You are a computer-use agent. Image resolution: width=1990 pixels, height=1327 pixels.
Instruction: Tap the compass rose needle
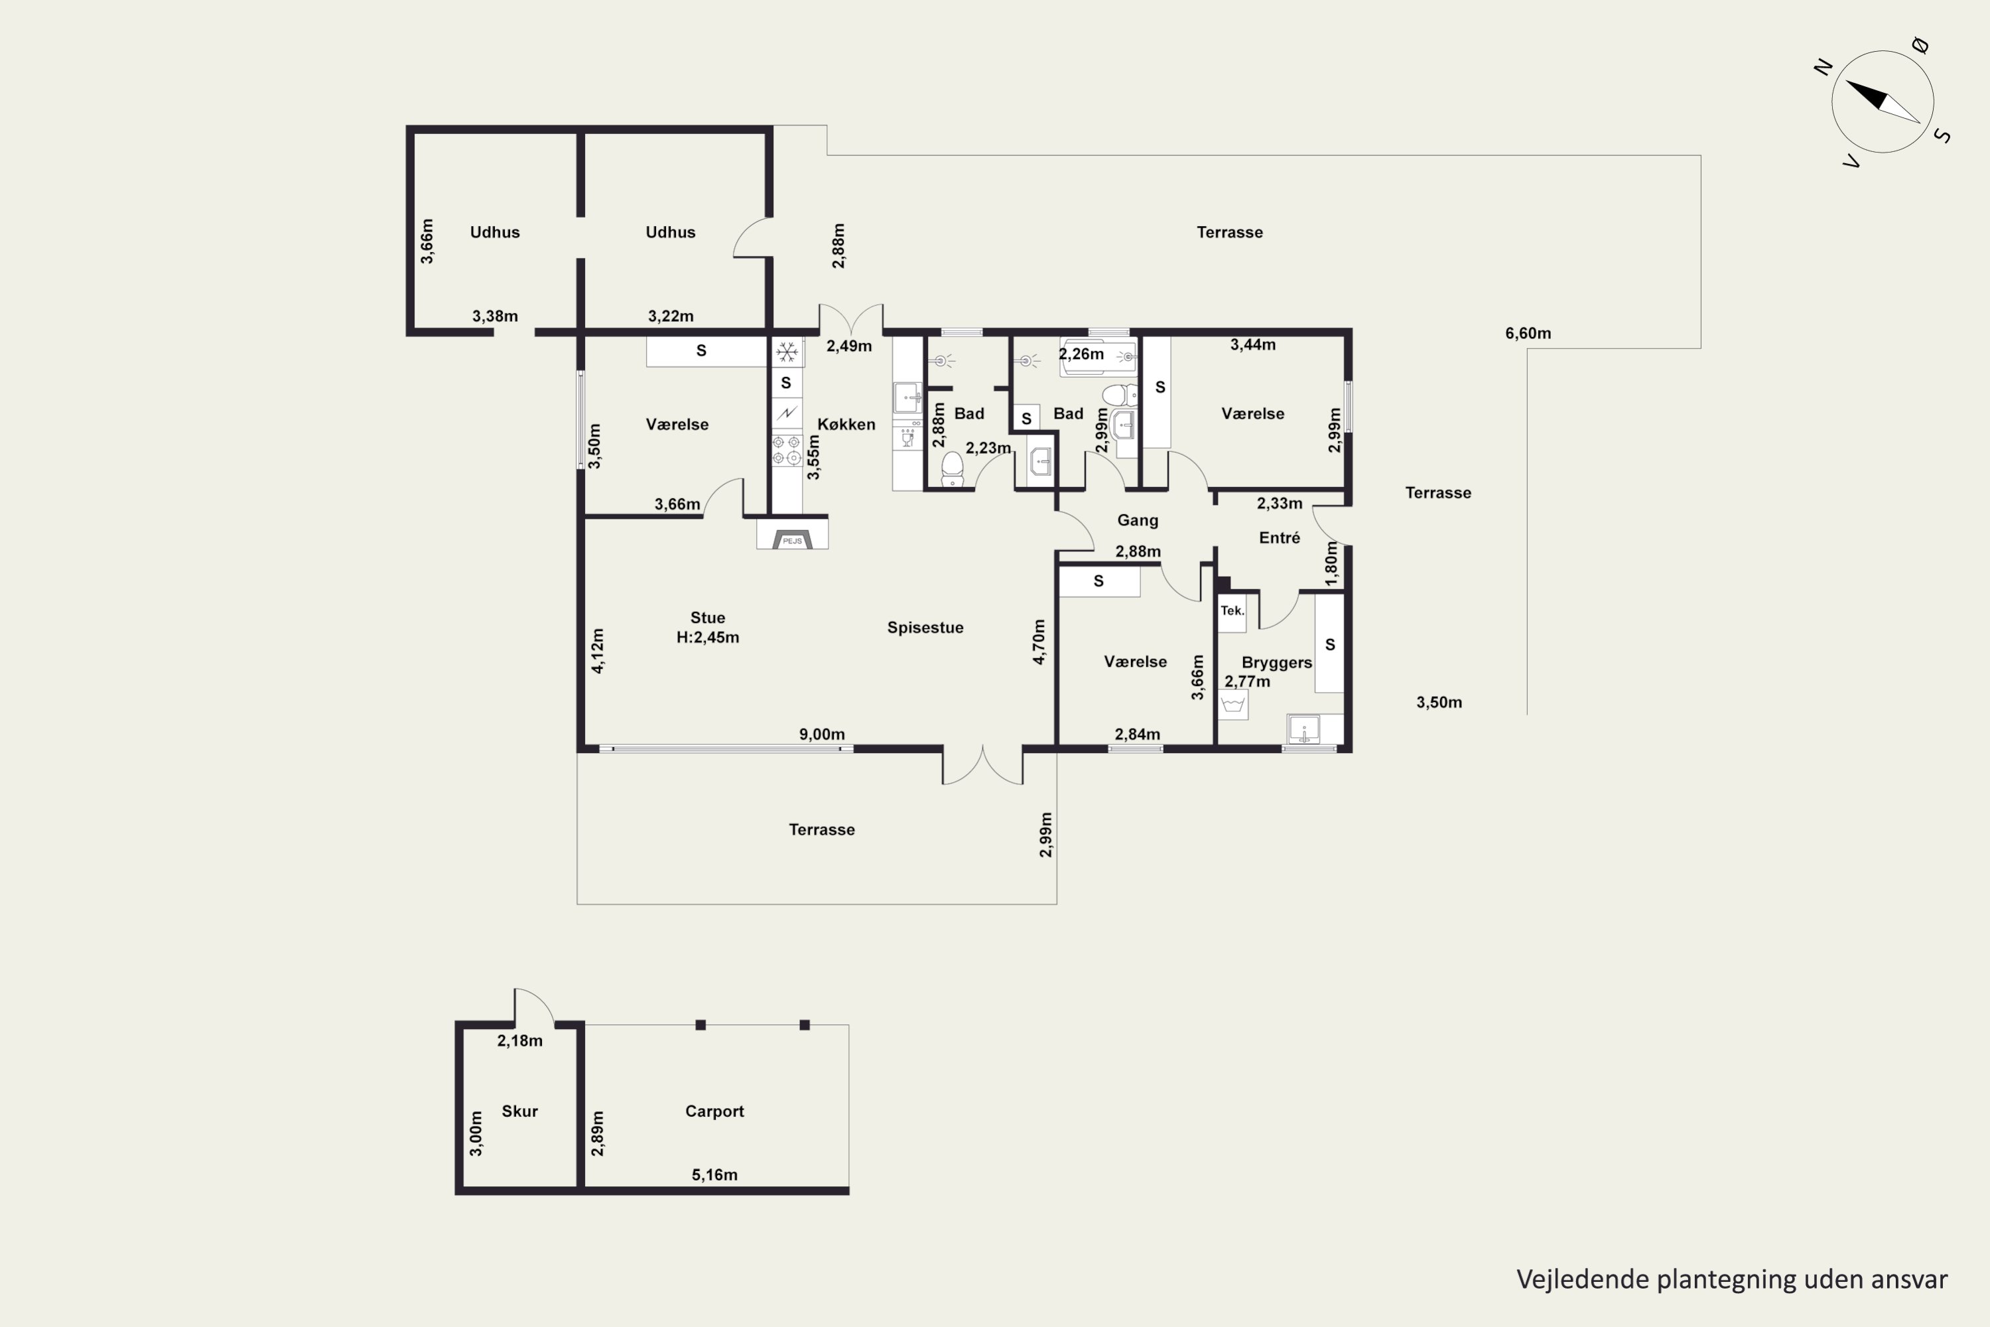coord(1883,102)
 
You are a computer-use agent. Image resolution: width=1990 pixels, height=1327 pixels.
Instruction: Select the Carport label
coord(714,1111)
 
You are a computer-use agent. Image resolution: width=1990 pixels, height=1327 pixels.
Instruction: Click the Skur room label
coord(519,1111)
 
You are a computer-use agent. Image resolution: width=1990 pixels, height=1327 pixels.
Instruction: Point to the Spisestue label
coord(925,627)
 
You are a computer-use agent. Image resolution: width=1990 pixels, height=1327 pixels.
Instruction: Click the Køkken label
coord(846,424)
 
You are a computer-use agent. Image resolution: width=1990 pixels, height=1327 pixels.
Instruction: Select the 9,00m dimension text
coord(822,734)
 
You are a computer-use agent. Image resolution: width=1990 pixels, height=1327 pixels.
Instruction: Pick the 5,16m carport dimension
coord(714,1174)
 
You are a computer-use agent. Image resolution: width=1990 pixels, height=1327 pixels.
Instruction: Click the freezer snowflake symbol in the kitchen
coord(787,351)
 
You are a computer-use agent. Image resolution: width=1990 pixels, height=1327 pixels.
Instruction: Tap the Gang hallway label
coord(1137,520)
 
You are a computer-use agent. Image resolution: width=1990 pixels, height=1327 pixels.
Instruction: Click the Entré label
coord(1280,537)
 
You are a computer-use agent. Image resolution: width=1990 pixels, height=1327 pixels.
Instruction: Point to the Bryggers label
coord(1277,663)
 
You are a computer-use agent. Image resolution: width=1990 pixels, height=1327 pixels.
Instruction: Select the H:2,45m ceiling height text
coord(707,637)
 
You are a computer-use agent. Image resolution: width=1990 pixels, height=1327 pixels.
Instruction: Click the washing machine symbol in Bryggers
coord(1232,704)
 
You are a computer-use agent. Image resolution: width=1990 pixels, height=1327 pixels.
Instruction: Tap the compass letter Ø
coord(1920,46)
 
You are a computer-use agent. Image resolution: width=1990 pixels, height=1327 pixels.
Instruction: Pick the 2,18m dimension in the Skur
coord(519,1041)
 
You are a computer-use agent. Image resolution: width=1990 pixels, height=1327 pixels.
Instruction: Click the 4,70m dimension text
coord(1039,642)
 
